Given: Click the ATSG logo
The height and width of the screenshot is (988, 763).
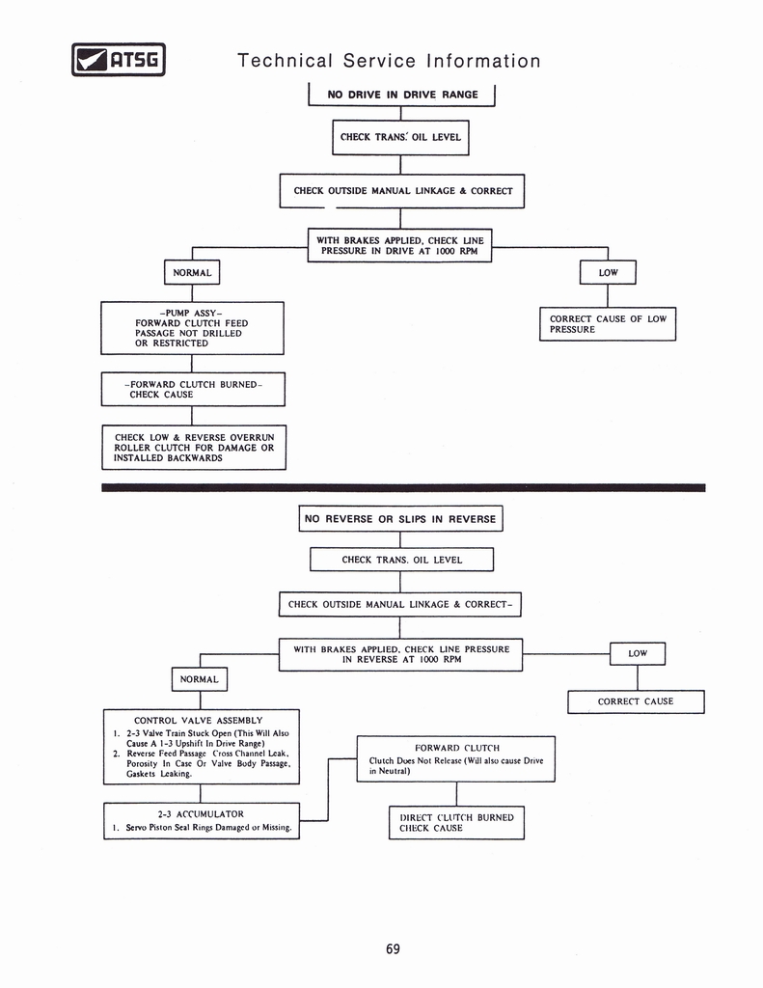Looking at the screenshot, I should pos(119,60).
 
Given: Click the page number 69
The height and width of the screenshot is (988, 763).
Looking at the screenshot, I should pos(393,948).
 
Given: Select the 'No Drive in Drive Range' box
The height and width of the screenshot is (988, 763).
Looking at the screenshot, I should pos(401,95).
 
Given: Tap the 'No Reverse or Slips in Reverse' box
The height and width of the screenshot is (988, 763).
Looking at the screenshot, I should pos(400,519).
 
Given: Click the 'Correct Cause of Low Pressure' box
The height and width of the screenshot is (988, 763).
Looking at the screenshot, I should pos(607,324).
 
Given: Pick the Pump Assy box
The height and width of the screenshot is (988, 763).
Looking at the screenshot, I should pos(192,328).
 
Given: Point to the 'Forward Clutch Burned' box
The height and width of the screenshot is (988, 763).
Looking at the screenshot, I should pos(193,389).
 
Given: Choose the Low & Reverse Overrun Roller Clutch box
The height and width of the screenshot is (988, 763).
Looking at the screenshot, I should pos(194,448).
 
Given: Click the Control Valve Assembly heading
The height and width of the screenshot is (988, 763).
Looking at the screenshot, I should pos(198,720).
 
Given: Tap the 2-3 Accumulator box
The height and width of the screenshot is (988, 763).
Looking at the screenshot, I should pos(202,820).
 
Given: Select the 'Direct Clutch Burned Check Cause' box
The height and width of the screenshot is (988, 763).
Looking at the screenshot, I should pos(456,822).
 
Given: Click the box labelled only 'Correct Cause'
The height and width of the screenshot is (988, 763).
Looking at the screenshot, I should pos(636,701).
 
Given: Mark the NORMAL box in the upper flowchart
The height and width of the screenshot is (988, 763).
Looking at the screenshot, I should pos(192,273).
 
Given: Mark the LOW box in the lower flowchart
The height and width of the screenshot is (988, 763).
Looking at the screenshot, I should pos(638,653).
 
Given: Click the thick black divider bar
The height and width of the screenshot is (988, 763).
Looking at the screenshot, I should pos(403,487).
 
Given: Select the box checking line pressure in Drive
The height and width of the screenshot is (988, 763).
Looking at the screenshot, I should pos(399,245).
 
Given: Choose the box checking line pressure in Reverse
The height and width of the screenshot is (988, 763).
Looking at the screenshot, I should pos(400,654).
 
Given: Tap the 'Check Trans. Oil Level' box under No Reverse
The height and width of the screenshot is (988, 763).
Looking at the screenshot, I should pos(401,560).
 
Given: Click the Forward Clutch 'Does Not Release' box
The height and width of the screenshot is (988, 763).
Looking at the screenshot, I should pos(455,758).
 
